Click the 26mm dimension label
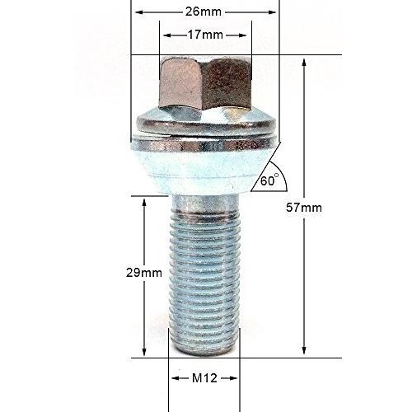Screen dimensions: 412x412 tap(204, 12)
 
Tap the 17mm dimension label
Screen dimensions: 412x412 tap(205, 35)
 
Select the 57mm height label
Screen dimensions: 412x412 tap(304, 208)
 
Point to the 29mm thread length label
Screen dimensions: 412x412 tap(144, 273)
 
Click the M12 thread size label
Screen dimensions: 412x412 tap(204, 378)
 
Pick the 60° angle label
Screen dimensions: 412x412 tap(269, 180)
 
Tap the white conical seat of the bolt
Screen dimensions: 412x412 tap(204, 171)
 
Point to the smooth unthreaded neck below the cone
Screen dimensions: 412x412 tap(204, 204)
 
